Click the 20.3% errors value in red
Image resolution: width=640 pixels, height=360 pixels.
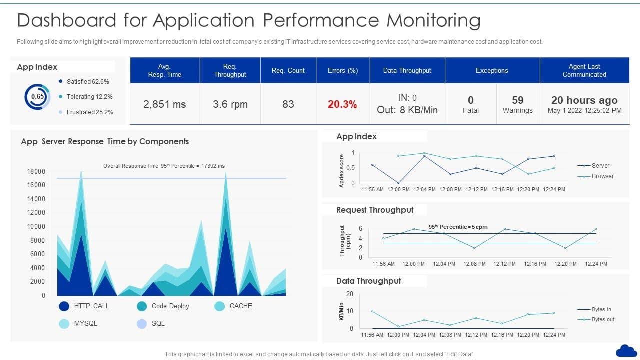coord(342,105)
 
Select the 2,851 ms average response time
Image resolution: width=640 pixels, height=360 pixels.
coord(164,104)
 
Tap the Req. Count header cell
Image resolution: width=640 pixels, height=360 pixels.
coord(288,70)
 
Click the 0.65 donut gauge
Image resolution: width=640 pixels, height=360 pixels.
coord(37,97)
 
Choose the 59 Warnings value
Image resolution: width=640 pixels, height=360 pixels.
coord(517,104)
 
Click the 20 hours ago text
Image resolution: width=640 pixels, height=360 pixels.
coord(584,100)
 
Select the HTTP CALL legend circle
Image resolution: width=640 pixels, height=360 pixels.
coord(64,306)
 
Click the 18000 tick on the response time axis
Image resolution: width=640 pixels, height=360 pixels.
coord(36,172)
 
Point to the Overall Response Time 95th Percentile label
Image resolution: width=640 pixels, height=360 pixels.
coord(164,166)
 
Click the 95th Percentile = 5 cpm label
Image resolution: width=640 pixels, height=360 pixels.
coord(458,227)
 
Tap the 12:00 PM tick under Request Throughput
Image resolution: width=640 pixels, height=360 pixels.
coord(414,264)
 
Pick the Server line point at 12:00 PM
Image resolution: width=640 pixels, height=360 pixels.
coord(398,183)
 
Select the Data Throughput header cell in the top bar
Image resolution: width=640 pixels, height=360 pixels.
coord(407,70)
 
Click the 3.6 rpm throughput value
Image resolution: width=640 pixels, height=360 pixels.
coord(230,104)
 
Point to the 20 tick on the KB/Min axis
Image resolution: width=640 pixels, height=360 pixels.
coord(350,294)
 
